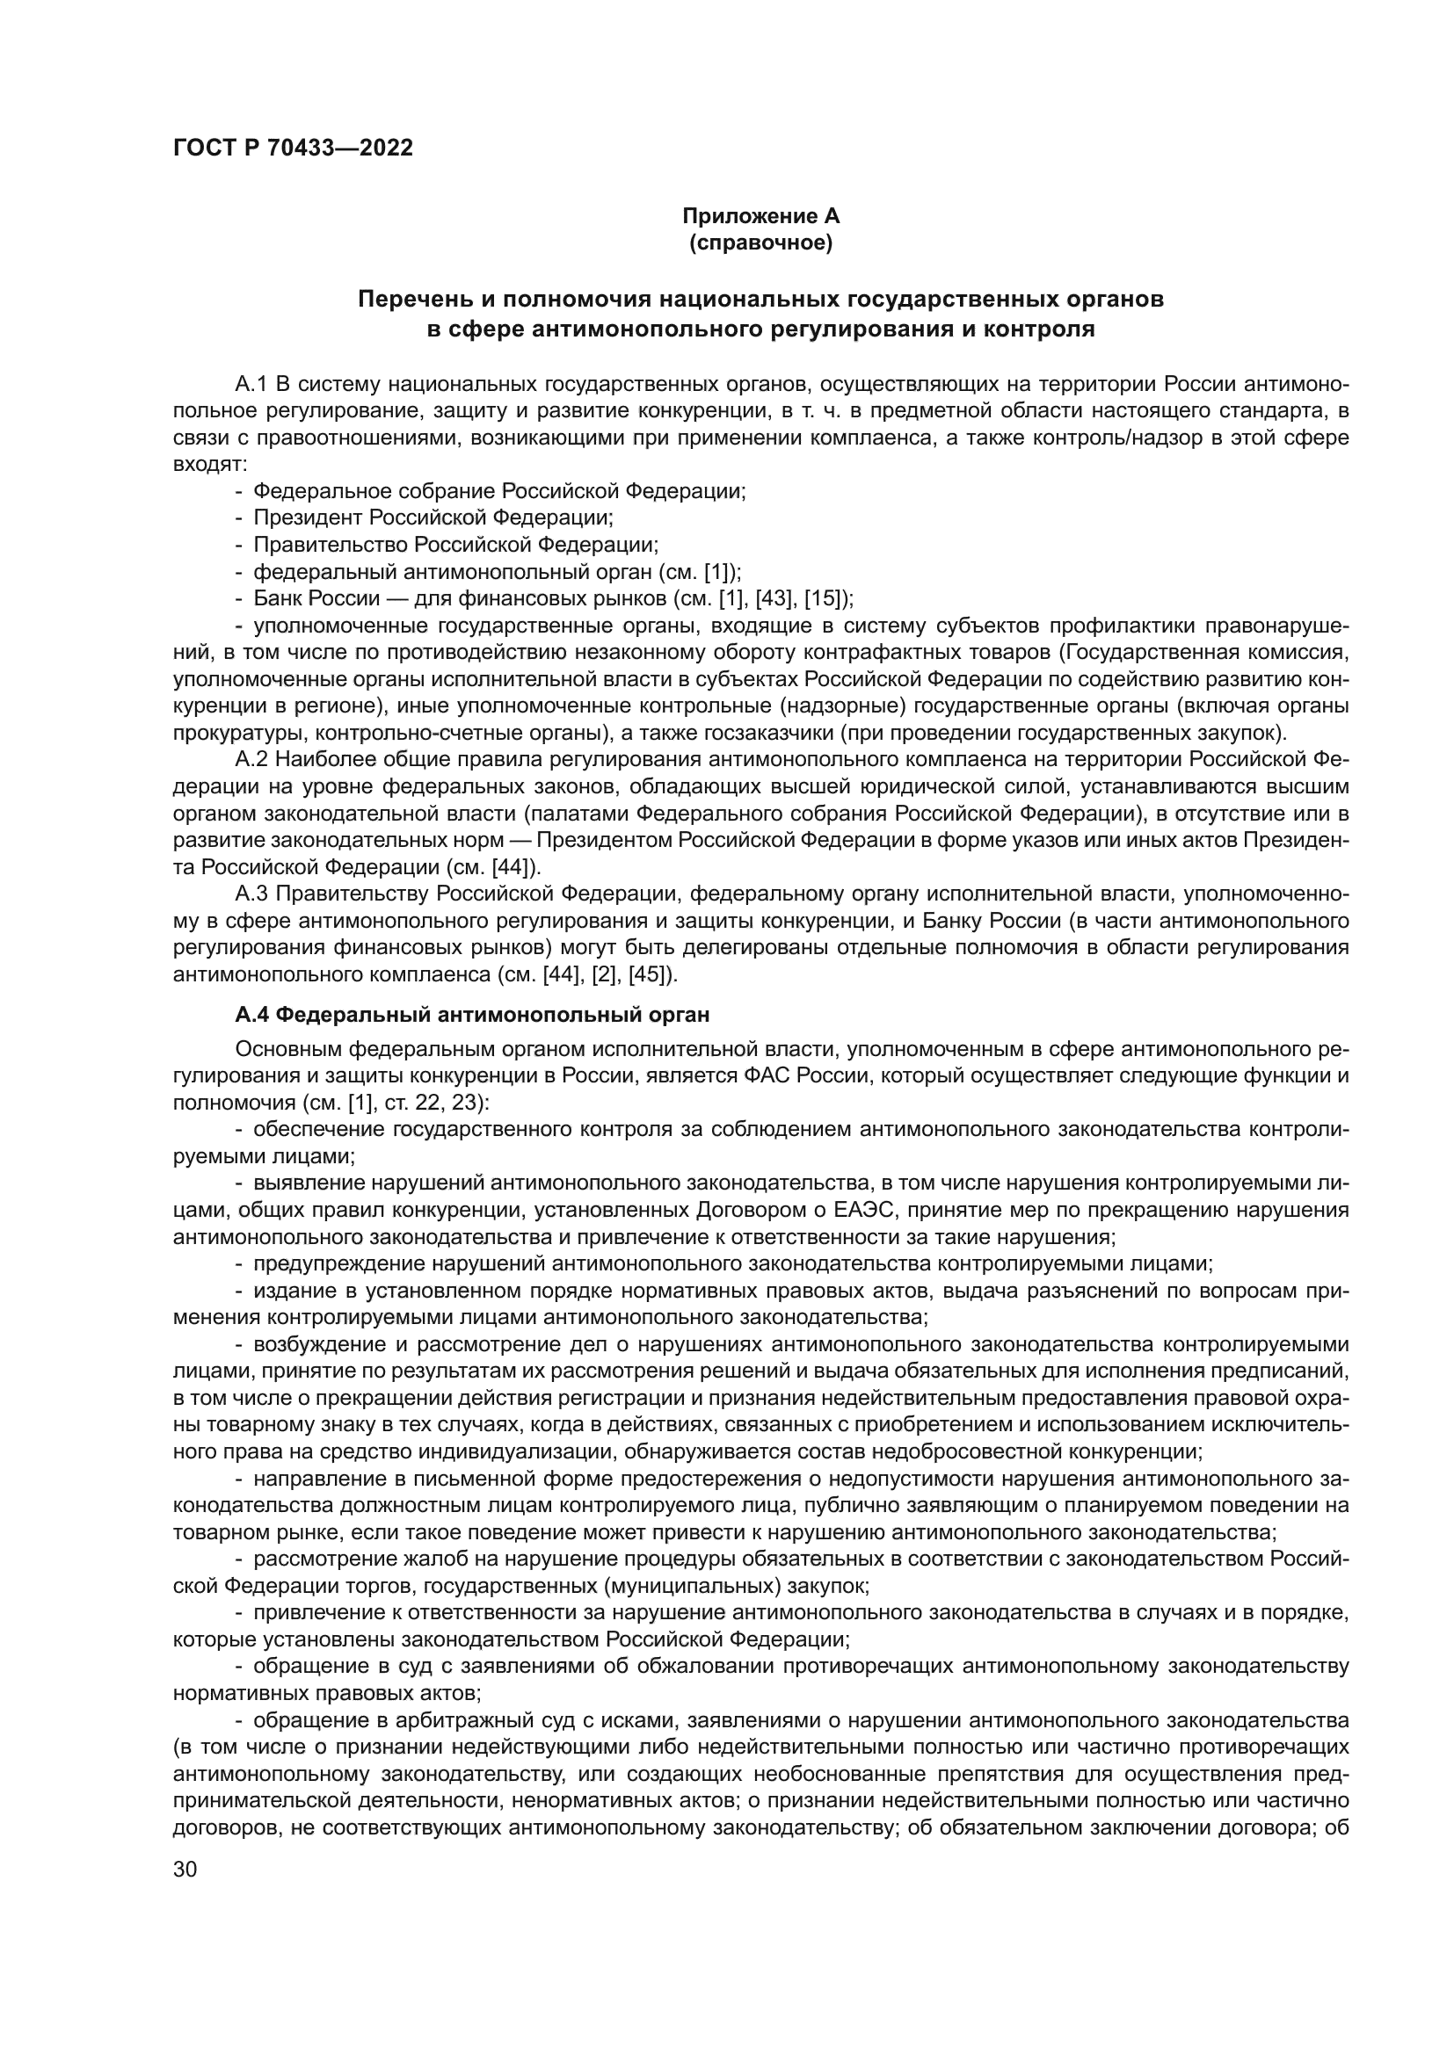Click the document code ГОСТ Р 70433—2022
[293, 148]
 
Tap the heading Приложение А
[760, 216]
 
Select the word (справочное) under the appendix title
[760, 242]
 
